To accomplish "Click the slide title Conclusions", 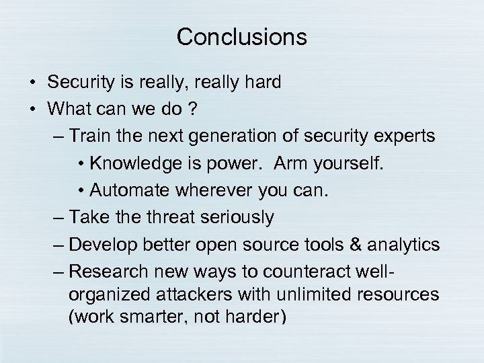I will point(241,38).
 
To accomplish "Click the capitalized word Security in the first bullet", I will point(76,82).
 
